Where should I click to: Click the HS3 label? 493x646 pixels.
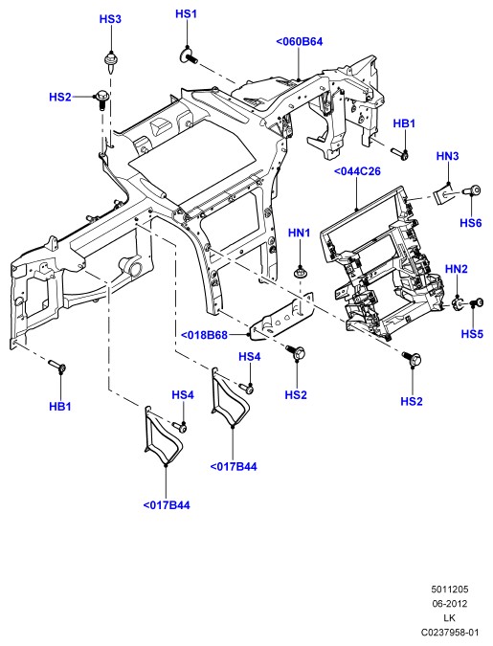[110, 19]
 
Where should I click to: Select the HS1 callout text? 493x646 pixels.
[187, 13]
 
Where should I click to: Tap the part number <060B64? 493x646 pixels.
[300, 41]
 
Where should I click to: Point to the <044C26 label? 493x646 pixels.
[357, 171]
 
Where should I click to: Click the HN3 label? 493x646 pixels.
[447, 156]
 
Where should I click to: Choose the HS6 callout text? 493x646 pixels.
[471, 223]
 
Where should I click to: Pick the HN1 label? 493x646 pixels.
[299, 233]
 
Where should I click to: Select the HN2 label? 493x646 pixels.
[457, 269]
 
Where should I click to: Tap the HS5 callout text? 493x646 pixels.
[472, 333]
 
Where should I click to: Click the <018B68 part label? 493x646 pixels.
[204, 335]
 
